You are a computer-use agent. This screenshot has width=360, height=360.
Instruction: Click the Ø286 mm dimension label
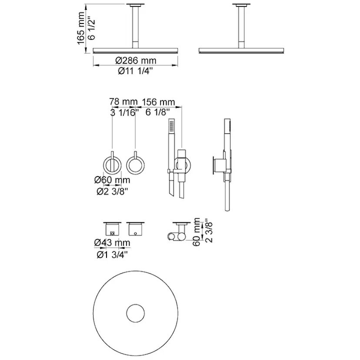pyautogui.click(x=137, y=60)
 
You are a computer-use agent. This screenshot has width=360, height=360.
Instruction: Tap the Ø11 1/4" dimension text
pyautogui.click(x=137, y=72)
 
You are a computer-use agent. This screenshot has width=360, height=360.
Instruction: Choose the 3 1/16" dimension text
pyautogui.click(x=123, y=113)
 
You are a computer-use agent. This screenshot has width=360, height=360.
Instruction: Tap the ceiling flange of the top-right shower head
pyautogui.click(x=241, y=5)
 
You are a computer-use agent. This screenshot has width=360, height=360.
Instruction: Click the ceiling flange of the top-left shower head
pyautogui.click(x=135, y=5)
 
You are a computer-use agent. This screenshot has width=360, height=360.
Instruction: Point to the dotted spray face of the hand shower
pyautogui.click(x=172, y=127)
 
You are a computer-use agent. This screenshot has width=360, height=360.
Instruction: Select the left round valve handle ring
pyautogui.click(x=113, y=165)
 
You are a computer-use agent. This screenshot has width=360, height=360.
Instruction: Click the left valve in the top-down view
pyautogui.click(x=113, y=228)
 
